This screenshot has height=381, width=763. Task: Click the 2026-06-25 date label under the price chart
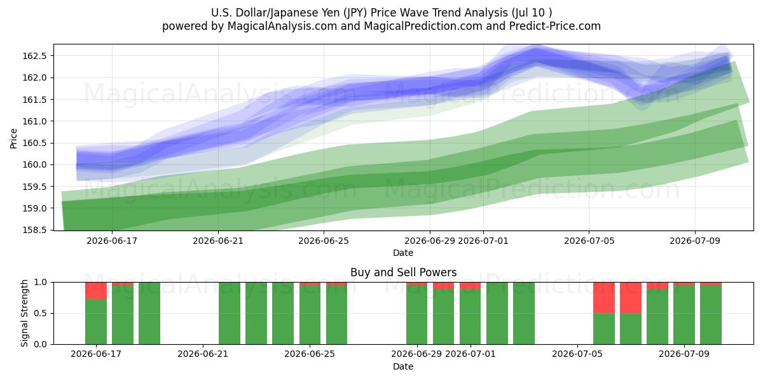(x=324, y=241)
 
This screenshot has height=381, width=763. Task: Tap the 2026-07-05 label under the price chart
(x=589, y=241)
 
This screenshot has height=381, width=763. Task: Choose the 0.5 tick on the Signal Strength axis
(x=41, y=313)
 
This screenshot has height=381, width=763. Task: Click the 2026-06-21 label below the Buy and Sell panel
(x=203, y=354)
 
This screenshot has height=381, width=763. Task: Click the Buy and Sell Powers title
(x=403, y=272)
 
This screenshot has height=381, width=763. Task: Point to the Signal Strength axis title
(x=24, y=313)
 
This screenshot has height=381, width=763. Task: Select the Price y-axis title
(x=13, y=138)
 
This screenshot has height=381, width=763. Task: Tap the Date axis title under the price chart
(x=403, y=253)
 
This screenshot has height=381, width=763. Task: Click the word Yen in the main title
(x=332, y=13)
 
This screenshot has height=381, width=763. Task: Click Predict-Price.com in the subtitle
(x=554, y=26)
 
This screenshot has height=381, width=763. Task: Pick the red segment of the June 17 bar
(x=96, y=291)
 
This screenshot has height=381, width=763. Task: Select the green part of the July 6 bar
(x=604, y=329)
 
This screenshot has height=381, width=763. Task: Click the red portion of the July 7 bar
(x=631, y=298)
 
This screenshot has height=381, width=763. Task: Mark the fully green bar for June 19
(x=149, y=313)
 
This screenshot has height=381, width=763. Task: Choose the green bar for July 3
(x=523, y=313)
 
